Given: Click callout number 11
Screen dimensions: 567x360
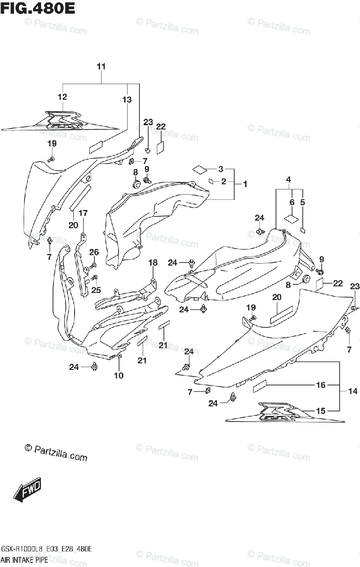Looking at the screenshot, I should click(x=102, y=67).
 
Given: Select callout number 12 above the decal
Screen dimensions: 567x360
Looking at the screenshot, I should click(x=62, y=97).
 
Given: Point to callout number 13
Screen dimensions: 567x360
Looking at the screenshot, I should click(x=126, y=99).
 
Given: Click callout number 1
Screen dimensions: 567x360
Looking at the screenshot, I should click(x=245, y=183).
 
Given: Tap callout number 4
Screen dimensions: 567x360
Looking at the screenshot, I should click(x=288, y=179).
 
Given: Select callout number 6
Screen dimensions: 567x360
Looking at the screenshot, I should click(x=292, y=202).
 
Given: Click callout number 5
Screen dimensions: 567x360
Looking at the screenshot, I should click(x=303, y=202).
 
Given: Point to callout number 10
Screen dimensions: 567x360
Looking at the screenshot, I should click(x=119, y=376).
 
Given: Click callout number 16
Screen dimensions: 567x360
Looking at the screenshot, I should click(x=321, y=385).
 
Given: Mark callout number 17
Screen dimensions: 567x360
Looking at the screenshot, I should click(x=83, y=213).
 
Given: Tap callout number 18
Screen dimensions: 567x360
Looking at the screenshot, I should click(x=153, y=263).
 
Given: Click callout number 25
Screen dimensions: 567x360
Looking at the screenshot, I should click(x=96, y=290).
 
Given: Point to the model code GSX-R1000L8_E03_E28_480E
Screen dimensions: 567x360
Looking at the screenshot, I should click(x=47, y=549).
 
